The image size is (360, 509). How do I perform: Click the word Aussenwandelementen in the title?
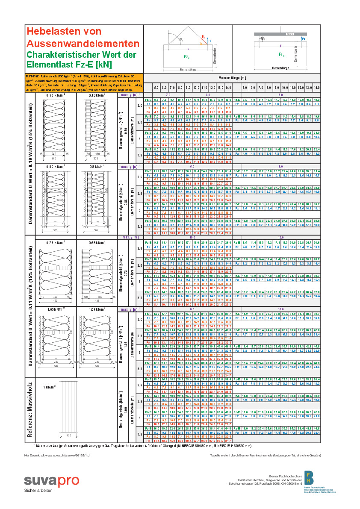[83, 43]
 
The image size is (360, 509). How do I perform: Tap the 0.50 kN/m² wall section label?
[56, 95]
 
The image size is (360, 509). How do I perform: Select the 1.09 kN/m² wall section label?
[56, 309]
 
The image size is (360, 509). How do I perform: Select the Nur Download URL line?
[57, 456]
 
